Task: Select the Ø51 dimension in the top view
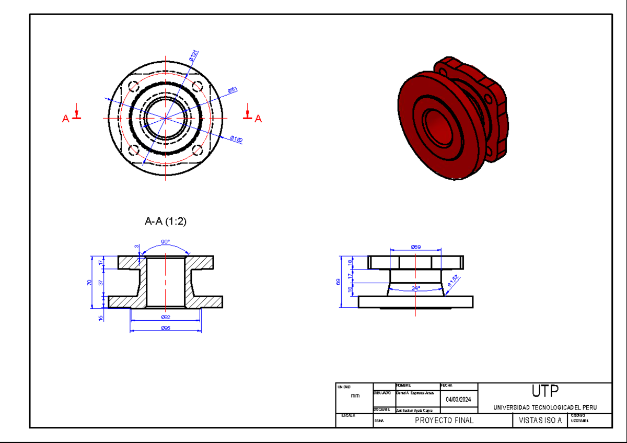(x=233, y=90)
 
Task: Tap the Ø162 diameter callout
(x=236, y=139)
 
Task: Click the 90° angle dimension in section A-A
(x=165, y=242)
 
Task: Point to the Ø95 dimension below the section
(x=165, y=328)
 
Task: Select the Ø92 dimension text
(x=165, y=317)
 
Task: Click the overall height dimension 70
(x=89, y=282)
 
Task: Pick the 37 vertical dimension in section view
(x=101, y=282)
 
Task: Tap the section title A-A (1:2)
(x=165, y=221)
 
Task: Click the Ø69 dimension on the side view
(x=416, y=247)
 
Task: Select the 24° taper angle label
(x=415, y=288)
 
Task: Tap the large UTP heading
(x=545, y=391)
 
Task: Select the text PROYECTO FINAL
(x=444, y=421)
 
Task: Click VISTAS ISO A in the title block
(x=540, y=421)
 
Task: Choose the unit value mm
(x=355, y=396)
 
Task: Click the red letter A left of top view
(x=66, y=119)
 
